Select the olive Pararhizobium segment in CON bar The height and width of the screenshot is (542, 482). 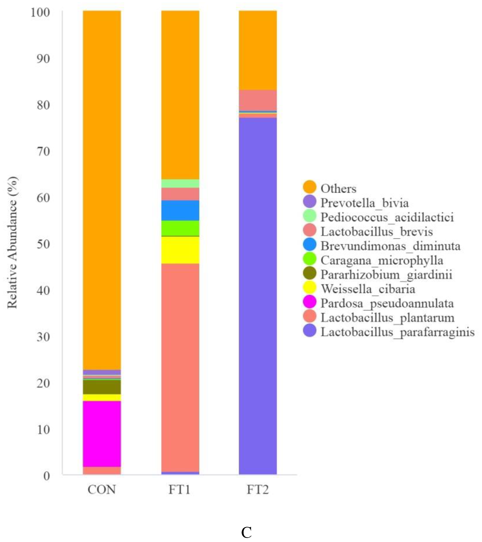(x=102, y=387)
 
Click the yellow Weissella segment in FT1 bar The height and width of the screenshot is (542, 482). (x=180, y=250)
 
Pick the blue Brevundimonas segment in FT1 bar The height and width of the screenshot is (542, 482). (x=180, y=210)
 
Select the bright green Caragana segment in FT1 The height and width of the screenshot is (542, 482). (x=180, y=228)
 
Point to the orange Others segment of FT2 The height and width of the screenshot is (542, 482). (x=258, y=50)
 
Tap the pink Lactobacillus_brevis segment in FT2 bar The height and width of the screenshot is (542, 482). (x=258, y=100)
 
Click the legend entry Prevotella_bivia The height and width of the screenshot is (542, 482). (x=364, y=203)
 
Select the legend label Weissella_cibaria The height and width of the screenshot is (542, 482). (x=368, y=289)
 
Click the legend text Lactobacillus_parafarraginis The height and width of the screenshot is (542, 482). (x=397, y=332)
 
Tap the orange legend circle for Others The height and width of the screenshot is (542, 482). (x=309, y=187)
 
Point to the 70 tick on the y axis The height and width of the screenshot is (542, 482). (x=43, y=152)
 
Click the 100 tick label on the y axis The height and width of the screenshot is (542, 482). (x=40, y=12)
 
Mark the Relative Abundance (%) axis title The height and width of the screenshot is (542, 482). (x=12, y=243)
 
